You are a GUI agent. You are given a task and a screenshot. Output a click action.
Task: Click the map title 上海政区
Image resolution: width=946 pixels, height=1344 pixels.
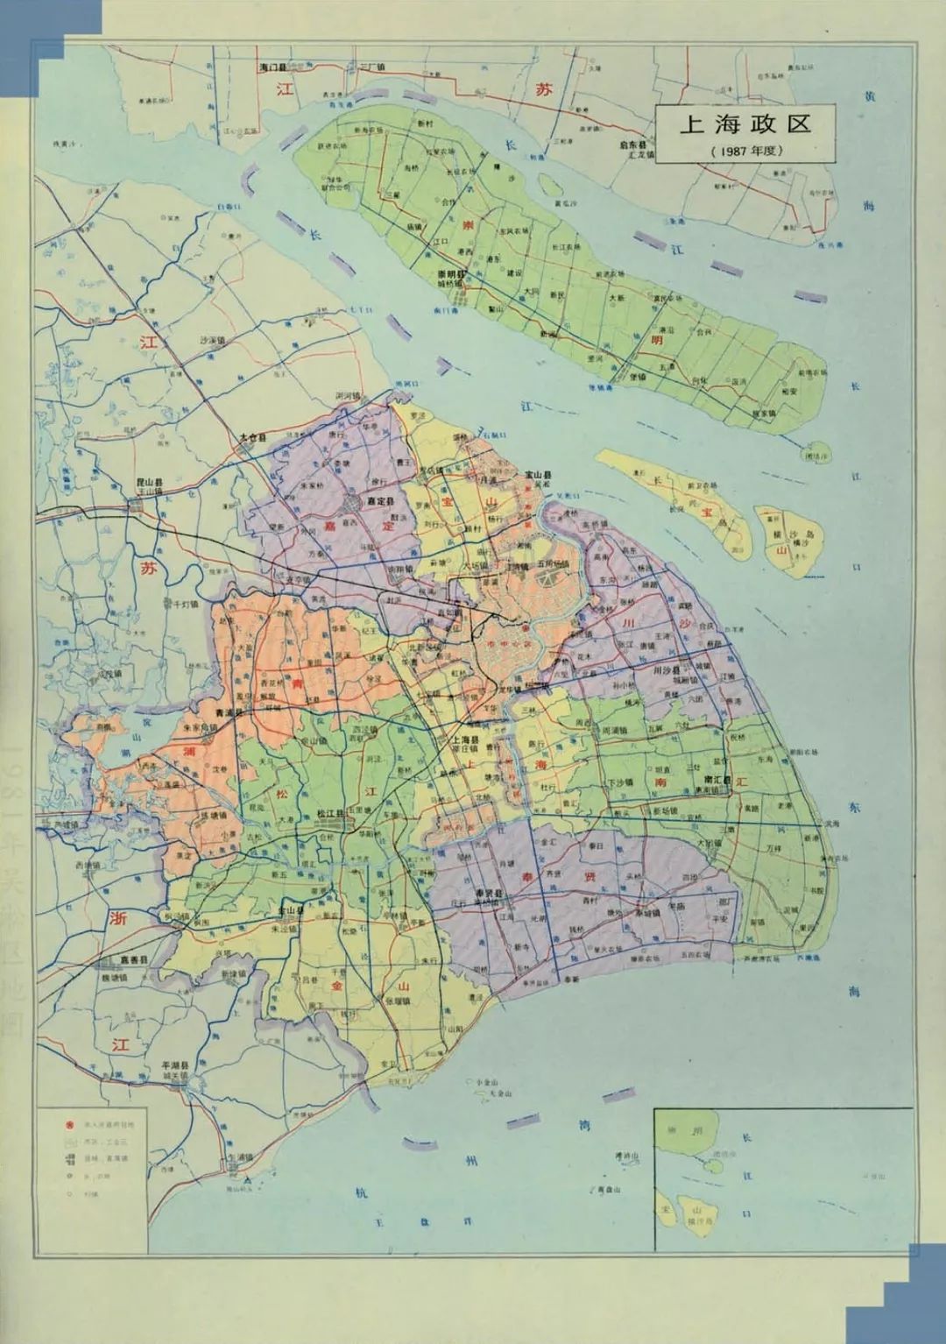[745, 124]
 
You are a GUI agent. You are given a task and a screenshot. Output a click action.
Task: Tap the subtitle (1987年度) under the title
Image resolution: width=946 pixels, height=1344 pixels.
[745, 150]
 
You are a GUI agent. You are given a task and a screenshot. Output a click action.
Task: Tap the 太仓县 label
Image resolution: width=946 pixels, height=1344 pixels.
[256, 437]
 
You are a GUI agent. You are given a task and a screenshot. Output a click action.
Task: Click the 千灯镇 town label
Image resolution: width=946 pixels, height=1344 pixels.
[186, 605]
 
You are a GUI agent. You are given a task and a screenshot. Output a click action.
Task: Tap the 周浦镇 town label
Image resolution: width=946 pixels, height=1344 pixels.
[619, 731]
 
